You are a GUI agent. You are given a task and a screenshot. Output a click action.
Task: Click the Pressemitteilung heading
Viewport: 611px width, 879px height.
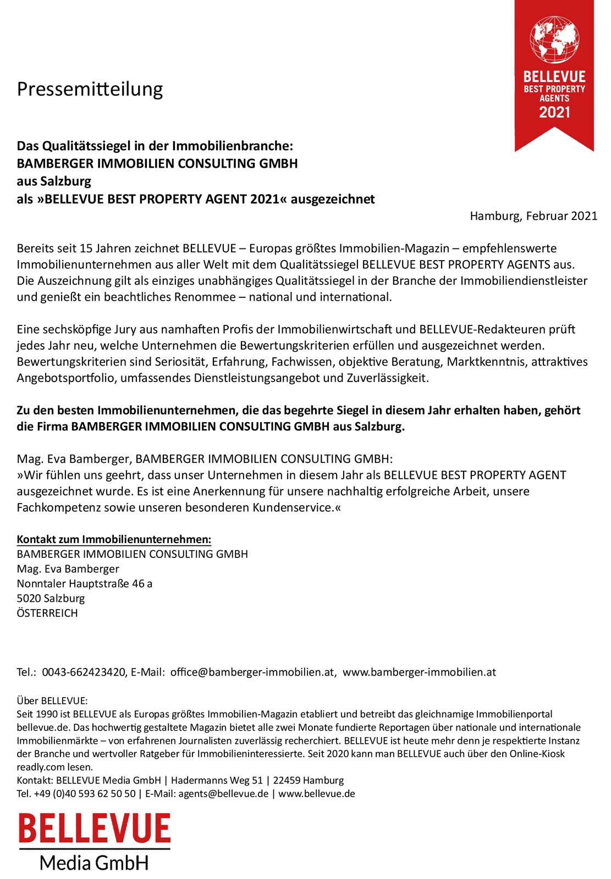(90, 89)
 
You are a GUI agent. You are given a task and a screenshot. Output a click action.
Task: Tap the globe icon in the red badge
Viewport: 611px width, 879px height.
(554, 39)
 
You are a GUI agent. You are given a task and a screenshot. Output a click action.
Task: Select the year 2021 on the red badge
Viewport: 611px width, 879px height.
(554, 113)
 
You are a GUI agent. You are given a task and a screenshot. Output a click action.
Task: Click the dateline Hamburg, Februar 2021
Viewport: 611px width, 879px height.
(533, 216)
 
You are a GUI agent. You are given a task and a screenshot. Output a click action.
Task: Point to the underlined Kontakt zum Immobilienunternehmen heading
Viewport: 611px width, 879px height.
(114, 539)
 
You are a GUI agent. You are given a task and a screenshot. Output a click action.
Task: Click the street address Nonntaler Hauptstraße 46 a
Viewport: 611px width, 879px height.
(84, 584)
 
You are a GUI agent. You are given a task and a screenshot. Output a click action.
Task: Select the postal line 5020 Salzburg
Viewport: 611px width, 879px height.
(51, 599)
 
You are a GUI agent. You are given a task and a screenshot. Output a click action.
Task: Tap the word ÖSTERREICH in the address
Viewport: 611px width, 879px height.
(47, 613)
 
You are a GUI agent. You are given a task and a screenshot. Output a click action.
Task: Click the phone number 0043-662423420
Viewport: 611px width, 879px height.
(84, 672)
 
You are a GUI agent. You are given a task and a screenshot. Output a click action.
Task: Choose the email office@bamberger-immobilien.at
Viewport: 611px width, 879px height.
(252, 672)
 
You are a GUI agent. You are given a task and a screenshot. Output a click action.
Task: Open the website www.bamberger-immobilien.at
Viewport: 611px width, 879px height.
(419, 672)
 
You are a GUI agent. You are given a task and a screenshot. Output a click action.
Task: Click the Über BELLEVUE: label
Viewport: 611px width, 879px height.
(52, 701)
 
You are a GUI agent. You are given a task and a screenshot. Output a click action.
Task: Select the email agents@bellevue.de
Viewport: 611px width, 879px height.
(223, 794)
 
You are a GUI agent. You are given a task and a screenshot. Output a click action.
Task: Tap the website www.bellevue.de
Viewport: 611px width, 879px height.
(317, 794)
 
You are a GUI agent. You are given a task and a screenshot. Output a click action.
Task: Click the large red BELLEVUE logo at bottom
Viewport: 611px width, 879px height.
(94, 829)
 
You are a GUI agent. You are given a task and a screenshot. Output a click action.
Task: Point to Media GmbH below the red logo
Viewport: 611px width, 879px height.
(94, 863)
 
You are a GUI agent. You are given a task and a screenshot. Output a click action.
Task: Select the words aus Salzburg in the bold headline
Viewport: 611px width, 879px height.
(54, 181)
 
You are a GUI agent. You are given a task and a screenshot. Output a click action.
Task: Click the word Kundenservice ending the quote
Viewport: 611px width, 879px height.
(293, 507)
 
